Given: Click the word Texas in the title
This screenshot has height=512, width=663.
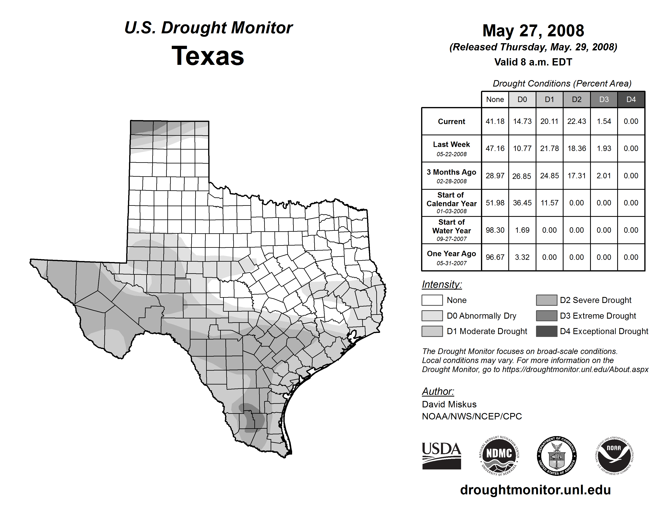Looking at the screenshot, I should coord(208,56).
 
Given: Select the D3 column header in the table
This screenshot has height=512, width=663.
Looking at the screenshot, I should coord(604,99).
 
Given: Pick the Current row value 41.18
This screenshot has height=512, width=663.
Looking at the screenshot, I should coord(495,121).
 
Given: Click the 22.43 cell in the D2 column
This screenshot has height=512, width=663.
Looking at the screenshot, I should coord(576,121).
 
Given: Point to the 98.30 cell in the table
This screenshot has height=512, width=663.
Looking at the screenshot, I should coord(495,230).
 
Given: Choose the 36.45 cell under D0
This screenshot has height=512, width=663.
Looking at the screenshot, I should coord(522,203).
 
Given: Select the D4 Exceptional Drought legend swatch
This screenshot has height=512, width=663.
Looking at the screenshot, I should coord(546,331).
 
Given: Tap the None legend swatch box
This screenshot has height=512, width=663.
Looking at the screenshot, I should coord(432,300).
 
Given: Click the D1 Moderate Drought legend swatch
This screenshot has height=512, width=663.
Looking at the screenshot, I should coord(432,331).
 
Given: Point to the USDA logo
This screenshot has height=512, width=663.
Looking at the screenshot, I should coord(441,456).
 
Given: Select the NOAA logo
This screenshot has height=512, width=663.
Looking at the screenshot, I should coord(614,455).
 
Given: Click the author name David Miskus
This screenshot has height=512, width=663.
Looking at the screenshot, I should coord(449,404).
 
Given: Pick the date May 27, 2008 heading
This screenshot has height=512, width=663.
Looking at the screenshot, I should coord(533,31).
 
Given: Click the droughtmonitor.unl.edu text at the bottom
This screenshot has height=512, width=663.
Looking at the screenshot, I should coord(535,490).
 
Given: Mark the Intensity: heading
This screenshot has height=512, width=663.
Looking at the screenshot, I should coord(442,285).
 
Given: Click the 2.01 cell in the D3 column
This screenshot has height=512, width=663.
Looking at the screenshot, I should coord(604,176).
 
